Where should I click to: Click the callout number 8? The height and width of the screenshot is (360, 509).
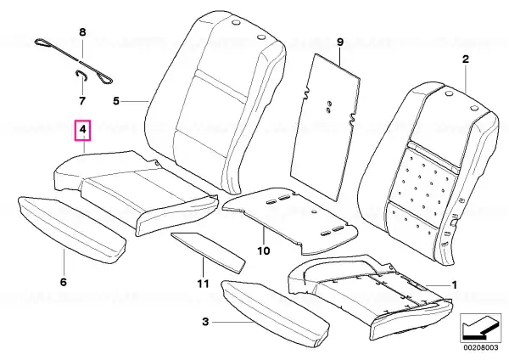click(x=83, y=32)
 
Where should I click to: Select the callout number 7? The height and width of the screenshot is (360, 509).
click(x=82, y=101)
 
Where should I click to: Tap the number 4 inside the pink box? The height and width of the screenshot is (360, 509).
click(x=83, y=130)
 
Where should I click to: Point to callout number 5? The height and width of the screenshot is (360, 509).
click(x=116, y=101)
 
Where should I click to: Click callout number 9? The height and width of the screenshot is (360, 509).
click(x=340, y=42)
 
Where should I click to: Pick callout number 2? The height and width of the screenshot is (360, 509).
click(x=466, y=59)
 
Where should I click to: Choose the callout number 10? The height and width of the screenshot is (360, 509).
click(x=264, y=250)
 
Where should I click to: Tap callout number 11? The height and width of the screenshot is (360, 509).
click(x=204, y=284)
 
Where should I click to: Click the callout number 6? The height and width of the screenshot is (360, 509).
click(x=64, y=282)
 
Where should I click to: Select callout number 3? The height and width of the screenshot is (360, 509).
click(x=205, y=322)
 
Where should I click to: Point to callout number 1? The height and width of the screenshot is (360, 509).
click(x=455, y=285)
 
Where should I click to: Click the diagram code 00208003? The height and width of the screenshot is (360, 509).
click(x=480, y=347)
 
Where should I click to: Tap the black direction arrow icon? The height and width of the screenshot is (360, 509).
click(x=480, y=328)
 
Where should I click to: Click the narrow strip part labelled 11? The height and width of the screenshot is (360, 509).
click(x=208, y=250)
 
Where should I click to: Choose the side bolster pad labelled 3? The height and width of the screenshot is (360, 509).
click(x=275, y=312)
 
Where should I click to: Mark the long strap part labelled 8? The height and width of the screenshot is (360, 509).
click(x=73, y=61)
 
